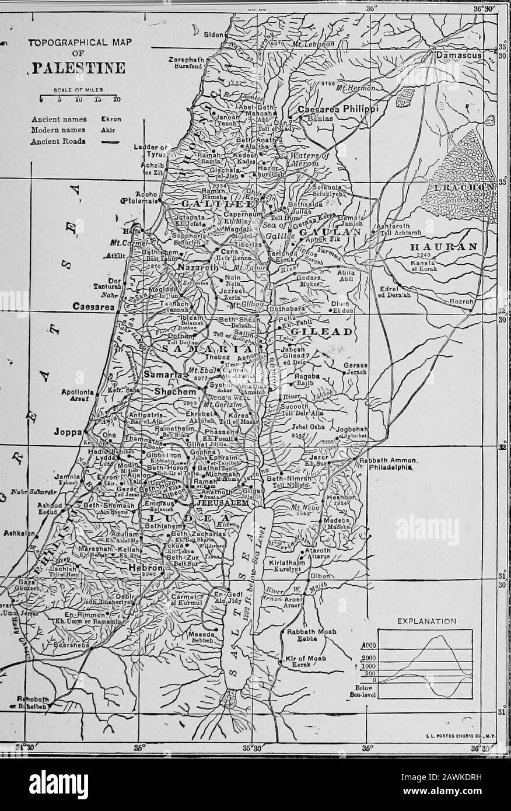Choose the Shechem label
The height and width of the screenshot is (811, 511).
tap(169, 393)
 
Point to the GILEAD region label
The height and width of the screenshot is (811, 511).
tap(315, 331)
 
